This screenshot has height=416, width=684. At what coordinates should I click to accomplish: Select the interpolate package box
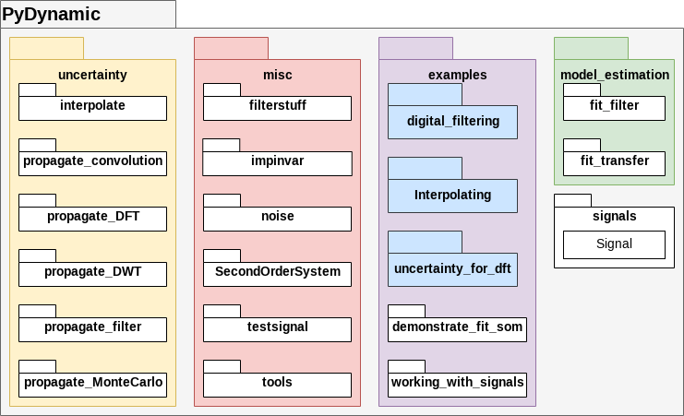[92, 107]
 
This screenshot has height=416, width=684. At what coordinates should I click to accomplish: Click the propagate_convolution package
[92, 162]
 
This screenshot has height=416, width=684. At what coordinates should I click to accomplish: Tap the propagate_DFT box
[92, 218]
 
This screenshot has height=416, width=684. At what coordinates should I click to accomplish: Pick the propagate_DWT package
[92, 273]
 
